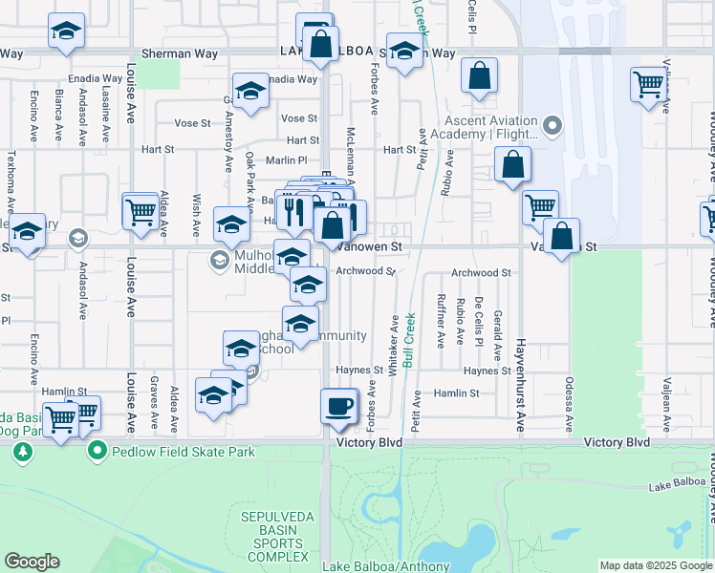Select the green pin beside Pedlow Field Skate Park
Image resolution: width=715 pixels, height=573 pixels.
tap(97, 451)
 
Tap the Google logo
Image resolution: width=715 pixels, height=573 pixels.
tap(32, 562)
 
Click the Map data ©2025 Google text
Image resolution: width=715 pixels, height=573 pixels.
tap(655, 565)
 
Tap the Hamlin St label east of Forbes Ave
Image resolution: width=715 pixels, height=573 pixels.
tap(455, 393)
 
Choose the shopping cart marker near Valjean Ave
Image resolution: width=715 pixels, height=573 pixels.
tap(648, 86)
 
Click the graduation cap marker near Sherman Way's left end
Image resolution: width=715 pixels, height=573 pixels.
tap(66, 33)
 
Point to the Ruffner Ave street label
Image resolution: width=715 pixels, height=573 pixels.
tap(441, 320)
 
